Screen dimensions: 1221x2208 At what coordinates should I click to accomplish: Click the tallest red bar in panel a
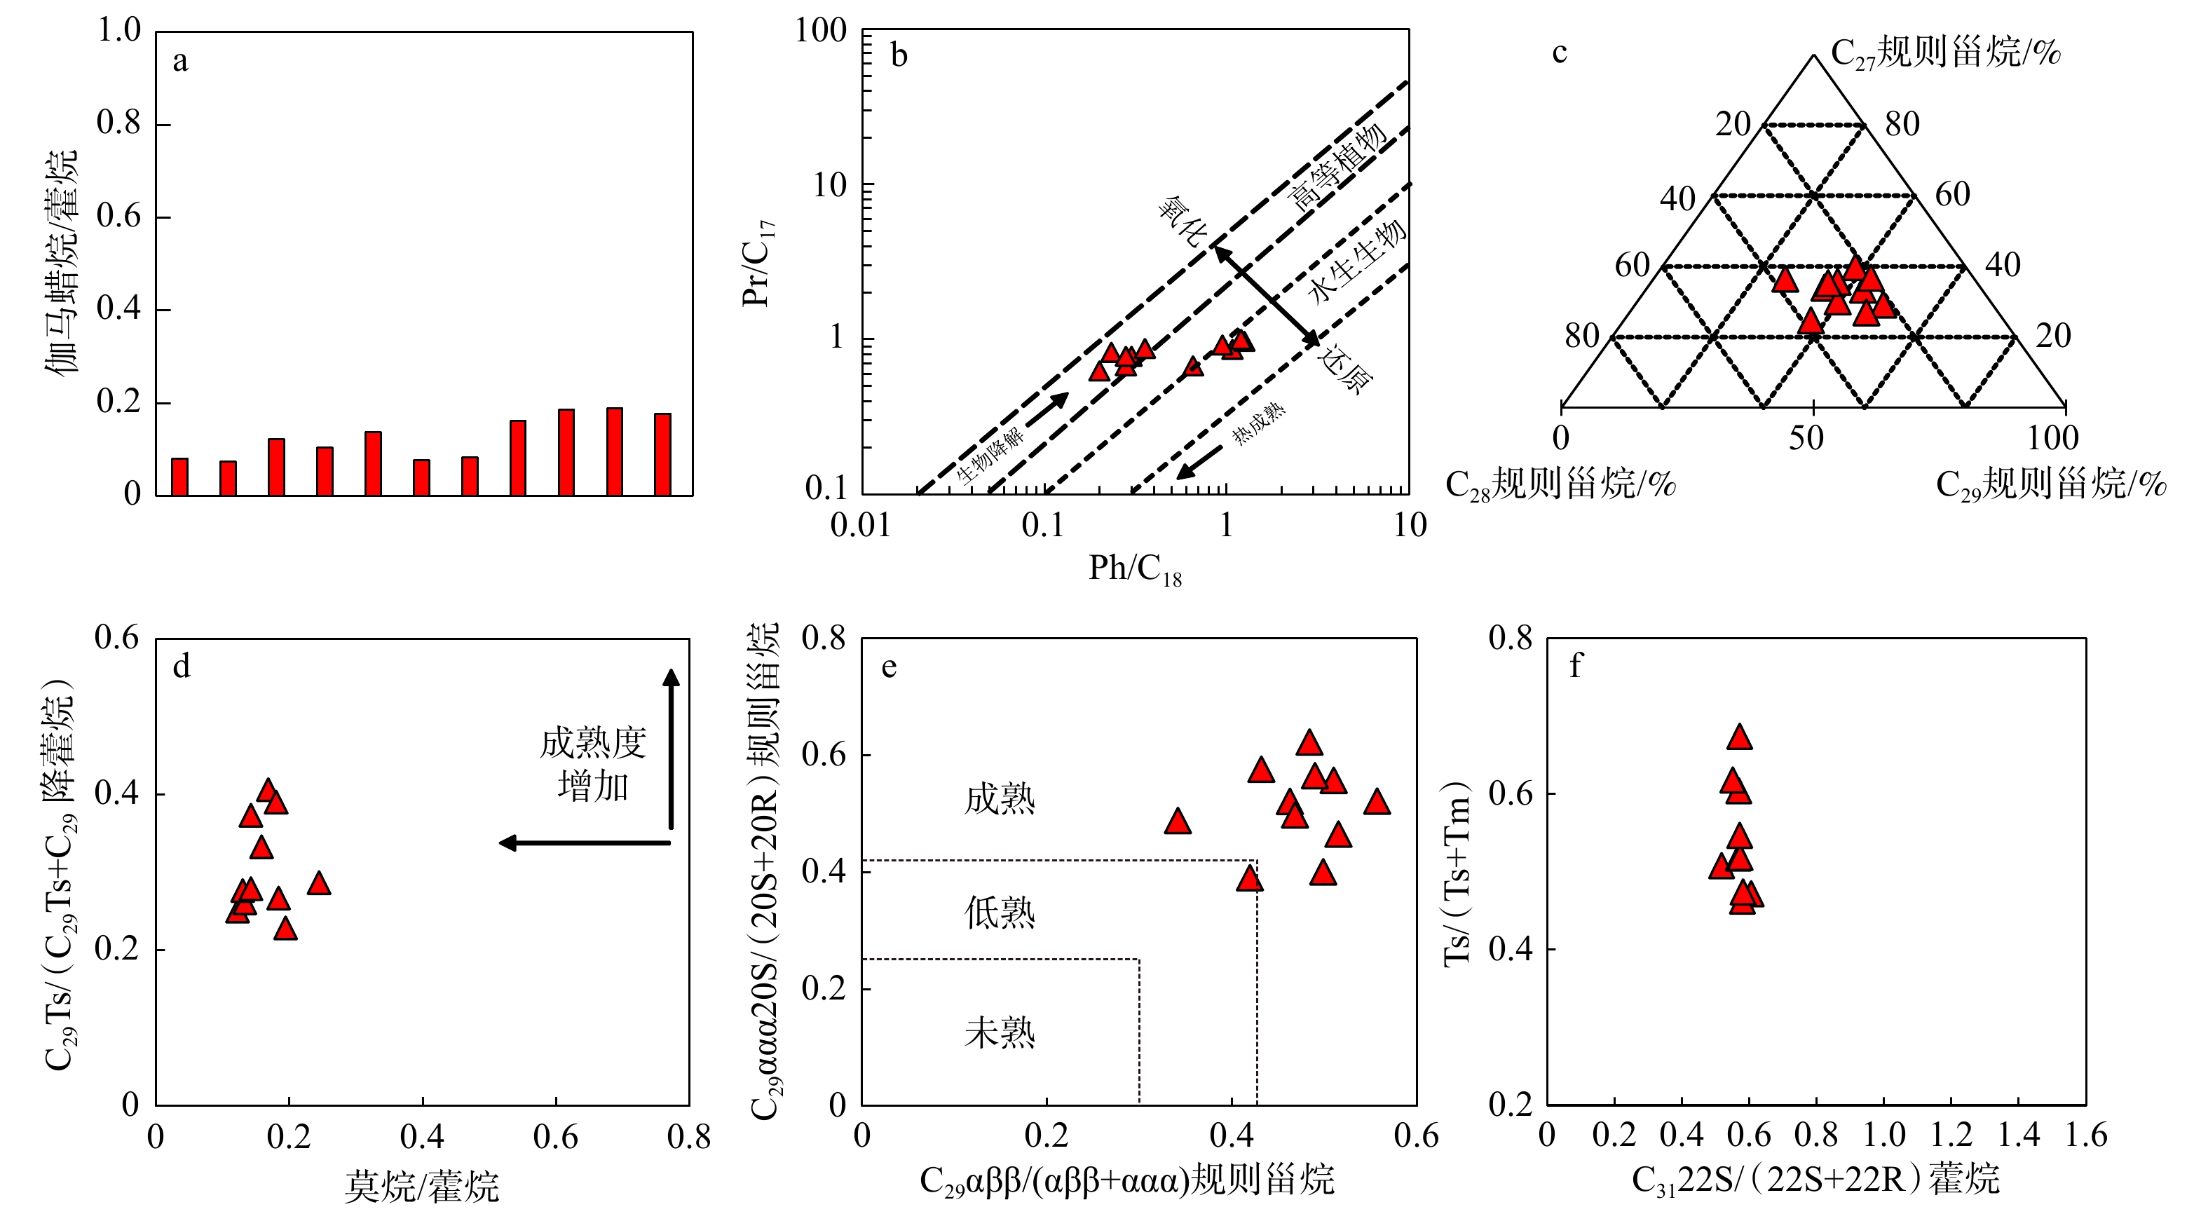(x=615, y=451)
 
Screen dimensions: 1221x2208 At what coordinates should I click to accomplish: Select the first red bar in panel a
(x=179, y=477)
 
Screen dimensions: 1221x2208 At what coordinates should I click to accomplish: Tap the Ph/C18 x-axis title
(x=1134, y=569)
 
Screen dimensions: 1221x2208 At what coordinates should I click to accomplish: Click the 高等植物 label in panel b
(x=1338, y=167)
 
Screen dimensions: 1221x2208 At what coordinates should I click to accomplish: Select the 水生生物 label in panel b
(x=1357, y=261)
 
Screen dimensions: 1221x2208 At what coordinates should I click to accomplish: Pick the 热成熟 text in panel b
(x=1258, y=424)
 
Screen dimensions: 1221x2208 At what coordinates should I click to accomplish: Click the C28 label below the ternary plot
(x=1560, y=485)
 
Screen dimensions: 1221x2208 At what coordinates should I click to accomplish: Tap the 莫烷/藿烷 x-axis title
(x=422, y=1187)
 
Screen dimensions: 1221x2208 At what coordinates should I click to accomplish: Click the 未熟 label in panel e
(x=1000, y=1032)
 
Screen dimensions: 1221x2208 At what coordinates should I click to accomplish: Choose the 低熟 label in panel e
(x=1000, y=913)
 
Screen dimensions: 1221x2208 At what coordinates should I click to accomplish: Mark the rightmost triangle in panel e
(x=1377, y=803)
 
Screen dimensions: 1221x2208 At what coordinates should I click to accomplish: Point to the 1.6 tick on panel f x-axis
(x=2085, y=1136)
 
